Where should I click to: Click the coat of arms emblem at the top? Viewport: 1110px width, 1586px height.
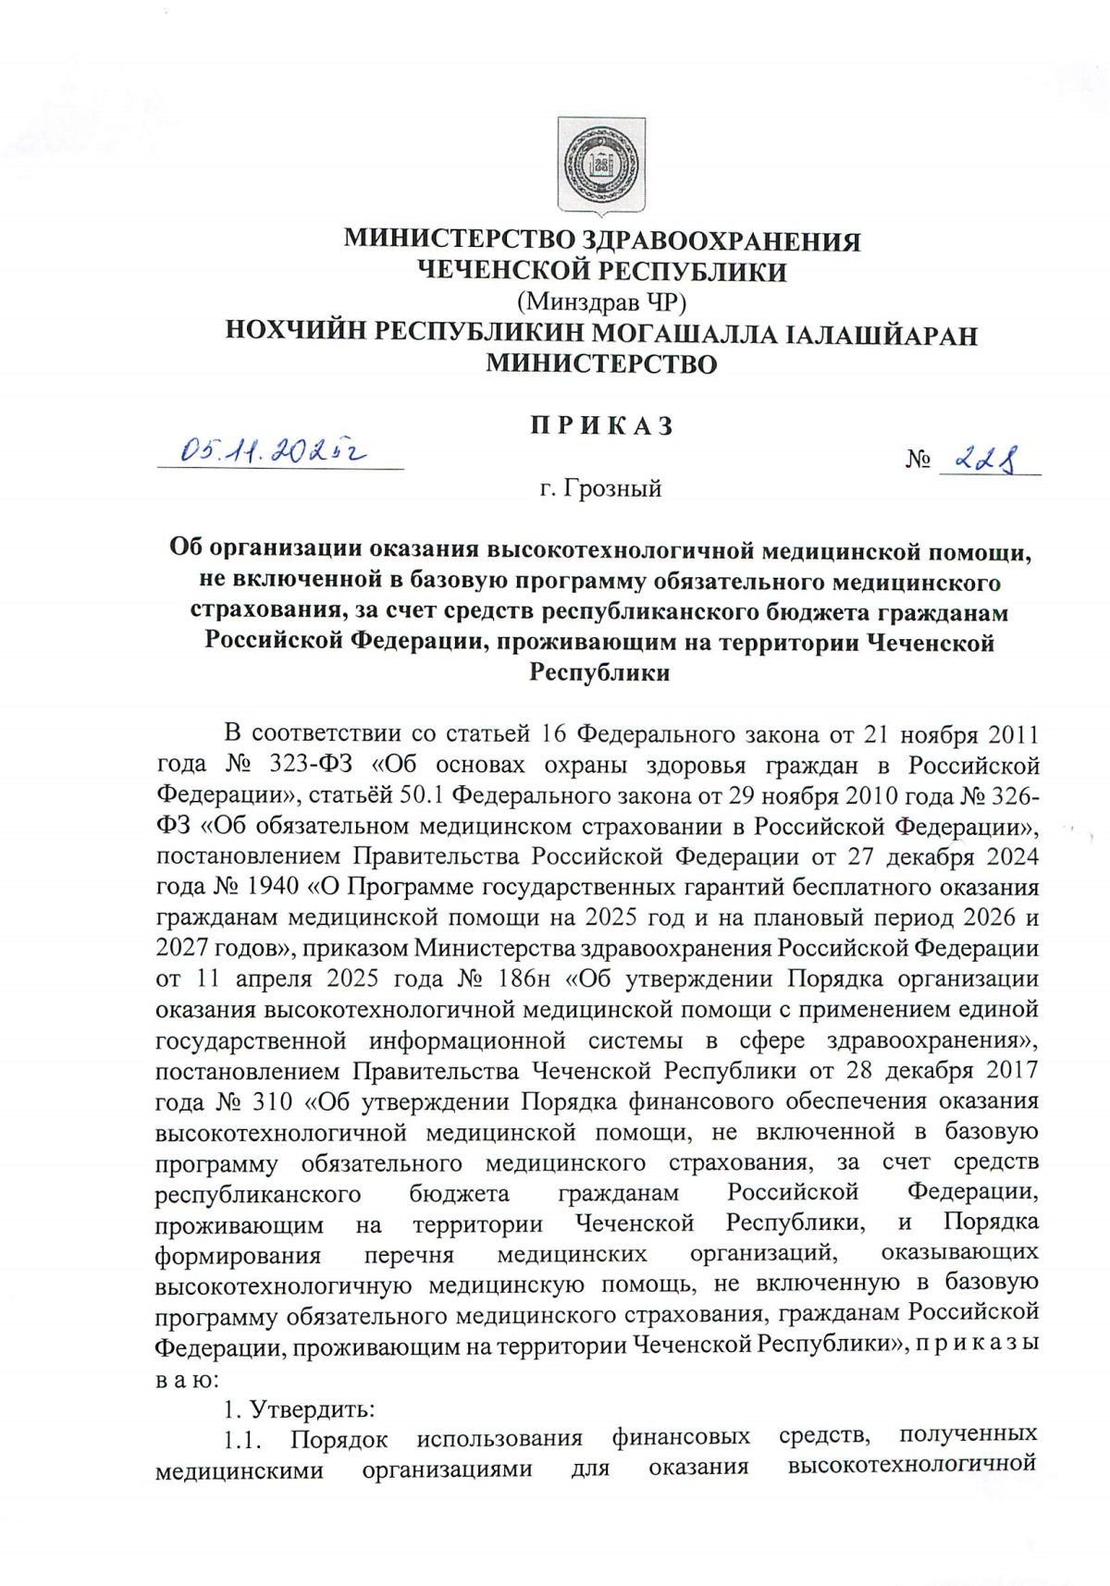pyautogui.click(x=600, y=165)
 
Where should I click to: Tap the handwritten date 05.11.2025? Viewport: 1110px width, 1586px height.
pyautogui.click(x=274, y=450)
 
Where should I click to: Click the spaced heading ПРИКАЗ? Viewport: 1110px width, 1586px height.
pyautogui.click(x=601, y=425)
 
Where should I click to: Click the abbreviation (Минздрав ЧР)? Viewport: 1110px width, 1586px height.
pyautogui.click(x=601, y=301)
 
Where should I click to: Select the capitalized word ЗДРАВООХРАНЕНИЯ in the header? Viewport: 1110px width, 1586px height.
pyautogui.click(x=720, y=240)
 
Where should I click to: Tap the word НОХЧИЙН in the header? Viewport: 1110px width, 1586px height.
pyautogui.click(x=294, y=333)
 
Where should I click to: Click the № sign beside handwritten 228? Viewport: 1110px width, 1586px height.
pyautogui.click(x=918, y=460)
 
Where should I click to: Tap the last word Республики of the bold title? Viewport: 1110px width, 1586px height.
pyautogui.click(x=599, y=672)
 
